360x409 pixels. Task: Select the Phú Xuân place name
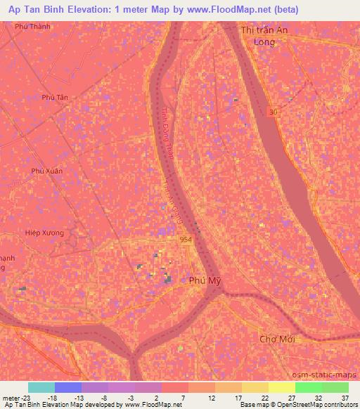point(47,171)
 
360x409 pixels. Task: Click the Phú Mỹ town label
point(207,280)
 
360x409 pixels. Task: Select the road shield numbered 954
point(185,240)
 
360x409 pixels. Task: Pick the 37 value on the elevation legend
point(345,397)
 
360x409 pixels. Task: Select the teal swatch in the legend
point(41,387)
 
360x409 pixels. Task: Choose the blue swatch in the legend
point(68,387)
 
